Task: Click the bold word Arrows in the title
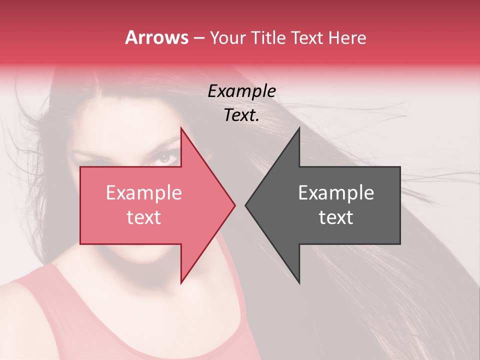(x=156, y=37)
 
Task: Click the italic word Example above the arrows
(x=242, y=91)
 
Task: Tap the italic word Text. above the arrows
(x=242, y=115)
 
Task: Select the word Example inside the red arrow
(x=144, y=193)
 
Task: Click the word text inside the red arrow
(x=144, y=217)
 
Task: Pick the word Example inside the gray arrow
(x=336, y=193)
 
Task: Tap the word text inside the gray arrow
(x=336, y=217)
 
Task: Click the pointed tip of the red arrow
(x=234, y=205)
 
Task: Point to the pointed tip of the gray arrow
(x=246, y=205)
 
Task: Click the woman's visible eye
(x=166, y=158)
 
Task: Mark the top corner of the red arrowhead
(x=181, y=128)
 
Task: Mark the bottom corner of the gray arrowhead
(x=299, y=282)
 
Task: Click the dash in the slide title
(x=198, y=38)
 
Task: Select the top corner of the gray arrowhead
(x=299, y=128)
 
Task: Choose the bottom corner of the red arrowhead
(x=181, y=282)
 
